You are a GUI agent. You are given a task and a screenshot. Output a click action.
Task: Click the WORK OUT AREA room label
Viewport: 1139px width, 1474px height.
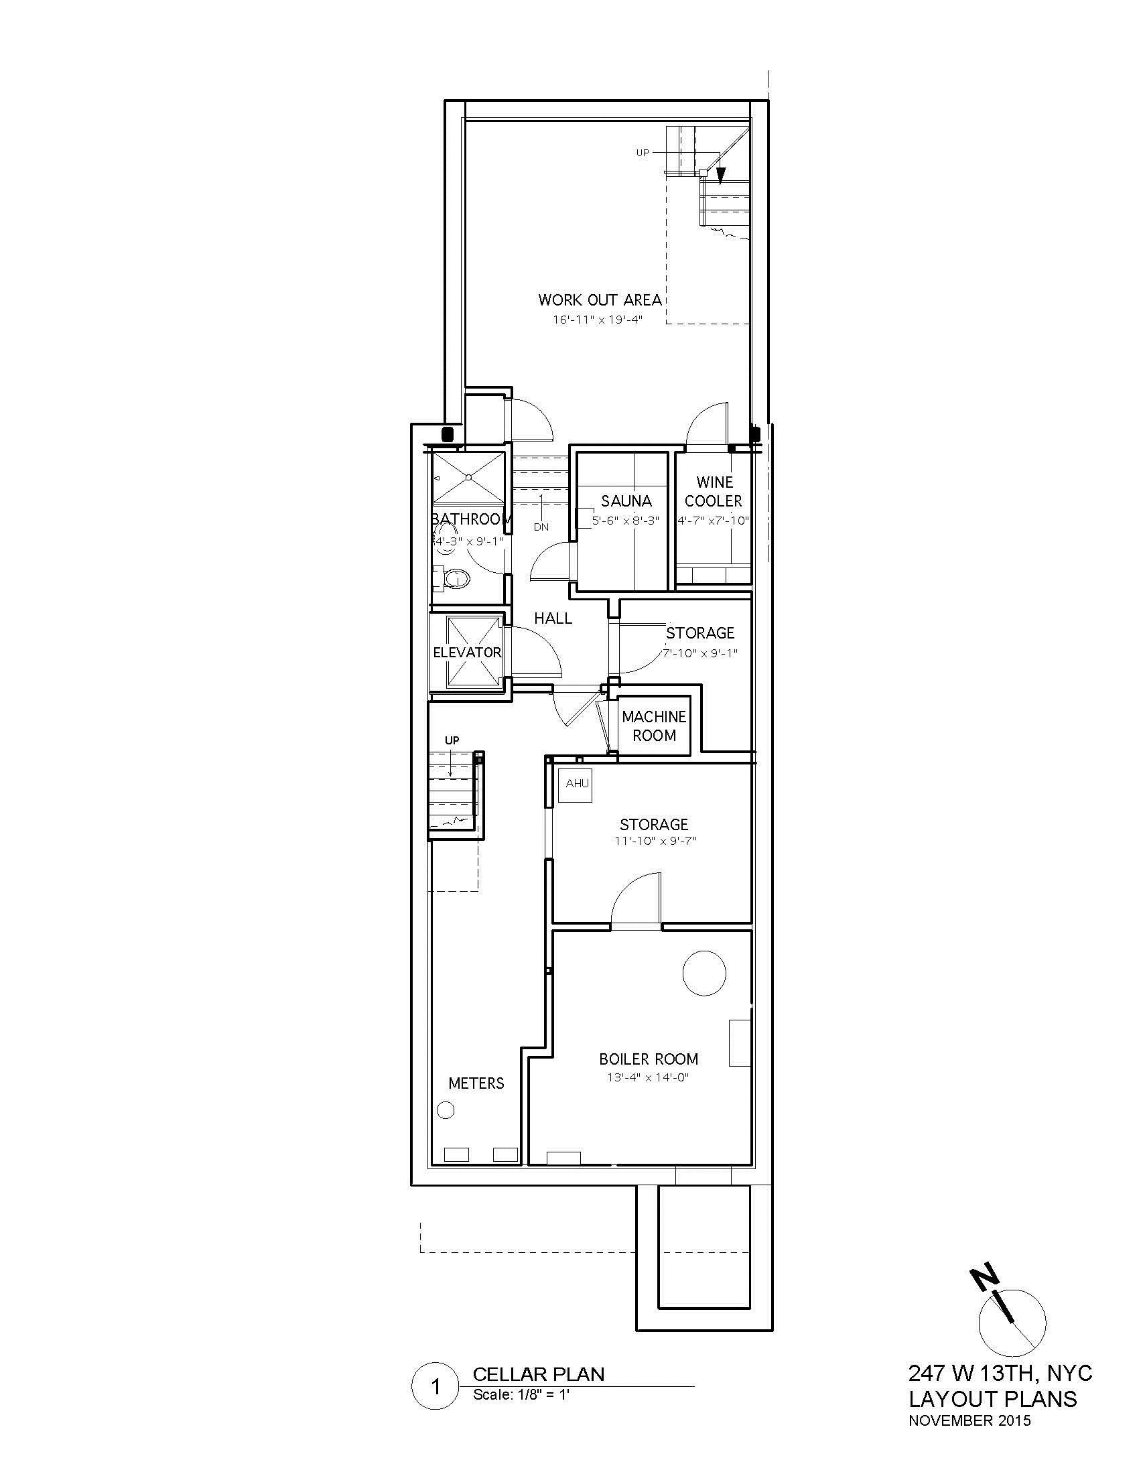tap(599, 299)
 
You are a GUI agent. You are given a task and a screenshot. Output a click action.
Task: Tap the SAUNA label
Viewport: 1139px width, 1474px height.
tap(626, 500)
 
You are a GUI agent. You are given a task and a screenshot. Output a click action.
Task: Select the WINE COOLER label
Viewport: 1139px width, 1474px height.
tap(714, 491)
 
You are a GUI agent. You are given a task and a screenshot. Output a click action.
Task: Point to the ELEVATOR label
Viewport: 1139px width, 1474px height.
tap(467, 653)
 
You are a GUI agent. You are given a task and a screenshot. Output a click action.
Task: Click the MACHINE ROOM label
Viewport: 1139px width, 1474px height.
tap(654, 726)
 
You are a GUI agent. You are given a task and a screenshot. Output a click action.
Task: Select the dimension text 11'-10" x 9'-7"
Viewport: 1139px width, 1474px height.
tap(654, 841)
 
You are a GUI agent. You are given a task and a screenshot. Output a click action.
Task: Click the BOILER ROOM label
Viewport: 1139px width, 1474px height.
tap(649, 1059)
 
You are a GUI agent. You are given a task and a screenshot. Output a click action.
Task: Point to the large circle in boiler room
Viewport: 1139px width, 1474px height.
tap(703, 974)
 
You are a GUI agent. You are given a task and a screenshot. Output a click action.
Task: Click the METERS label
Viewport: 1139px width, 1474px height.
tap(476, 1083)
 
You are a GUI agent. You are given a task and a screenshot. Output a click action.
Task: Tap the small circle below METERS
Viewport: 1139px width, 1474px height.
tap(446, 1110)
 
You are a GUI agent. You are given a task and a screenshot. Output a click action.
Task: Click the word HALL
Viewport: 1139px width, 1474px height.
tap(553, 618)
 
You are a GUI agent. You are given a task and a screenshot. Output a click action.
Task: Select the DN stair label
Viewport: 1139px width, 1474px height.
tap(541, 527)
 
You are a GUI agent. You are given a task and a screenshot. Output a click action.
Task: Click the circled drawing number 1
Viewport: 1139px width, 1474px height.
tap(435, 1388)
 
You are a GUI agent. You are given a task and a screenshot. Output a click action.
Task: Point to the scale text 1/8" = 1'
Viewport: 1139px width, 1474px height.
tap(523, 1395)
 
